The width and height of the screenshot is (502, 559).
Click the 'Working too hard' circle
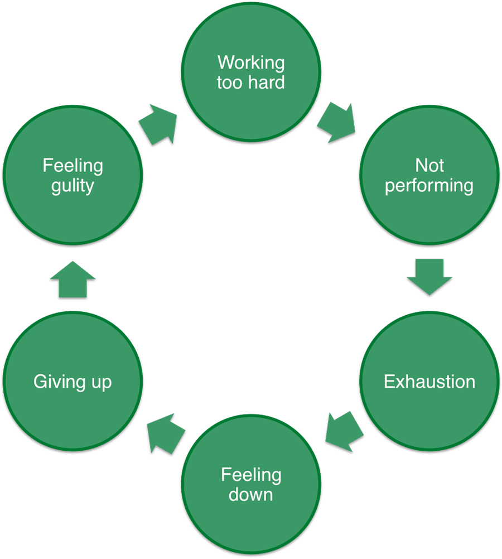point(251,71)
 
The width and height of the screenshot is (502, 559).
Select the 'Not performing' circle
point(429,175)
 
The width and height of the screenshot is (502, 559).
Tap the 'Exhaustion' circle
point(429,381)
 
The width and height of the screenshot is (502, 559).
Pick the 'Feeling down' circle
point(251,484)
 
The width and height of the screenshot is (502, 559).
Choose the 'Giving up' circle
point(73,381)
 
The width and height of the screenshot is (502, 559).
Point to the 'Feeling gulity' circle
point(73,175)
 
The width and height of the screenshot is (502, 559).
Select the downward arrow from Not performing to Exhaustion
point(429,276)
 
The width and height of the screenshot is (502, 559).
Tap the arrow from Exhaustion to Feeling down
point(344,430)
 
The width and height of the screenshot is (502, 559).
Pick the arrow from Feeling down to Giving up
point(165,432)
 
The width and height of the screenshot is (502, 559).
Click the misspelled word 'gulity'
point(73,185)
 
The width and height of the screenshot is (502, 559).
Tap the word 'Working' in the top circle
point(251,62)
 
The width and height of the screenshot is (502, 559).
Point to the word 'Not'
point(429,165)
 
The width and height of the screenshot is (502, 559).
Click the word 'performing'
point(429,185)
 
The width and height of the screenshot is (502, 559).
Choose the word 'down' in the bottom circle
point(251,494)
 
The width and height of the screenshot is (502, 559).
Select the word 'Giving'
point(59,382)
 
